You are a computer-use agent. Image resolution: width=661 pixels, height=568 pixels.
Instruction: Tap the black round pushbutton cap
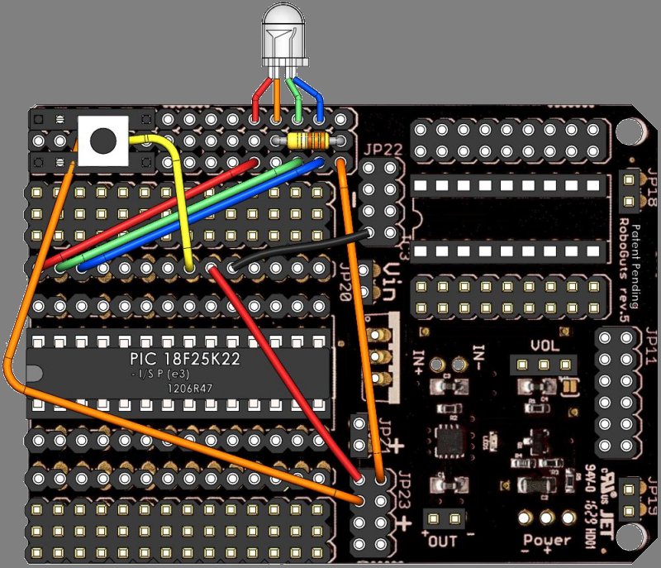pos(102,140)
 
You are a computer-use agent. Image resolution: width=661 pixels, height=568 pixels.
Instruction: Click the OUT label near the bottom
pos(442,542)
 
